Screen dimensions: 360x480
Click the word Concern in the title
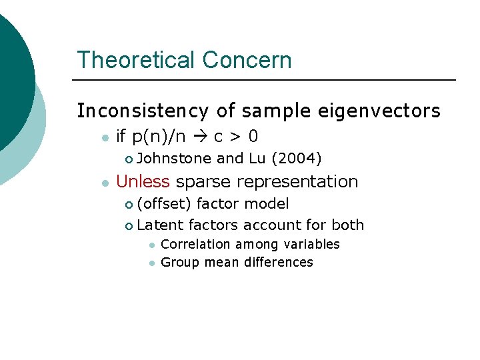247,60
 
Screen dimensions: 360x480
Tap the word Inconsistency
143,111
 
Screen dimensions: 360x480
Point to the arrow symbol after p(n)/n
200,137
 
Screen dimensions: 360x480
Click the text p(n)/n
159,137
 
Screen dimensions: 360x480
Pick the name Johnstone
175,159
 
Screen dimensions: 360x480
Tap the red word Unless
143,181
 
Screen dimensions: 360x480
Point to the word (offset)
165,203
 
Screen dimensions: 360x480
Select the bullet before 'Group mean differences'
151,263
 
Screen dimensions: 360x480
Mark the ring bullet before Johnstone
129,159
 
